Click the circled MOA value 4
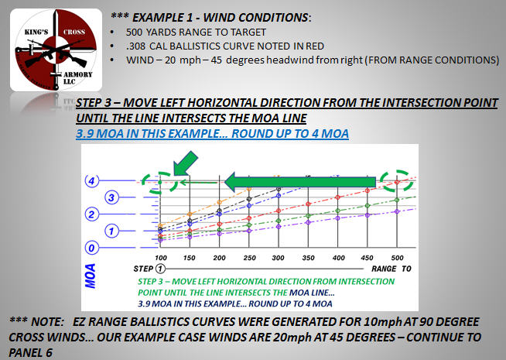(x=91, y=180)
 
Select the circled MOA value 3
(x=111, y=197)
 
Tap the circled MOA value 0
(x=91, y=248)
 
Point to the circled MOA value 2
(x=91, y=214)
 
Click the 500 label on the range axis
(x=397, y=258)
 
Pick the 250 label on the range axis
(x=249, y=258)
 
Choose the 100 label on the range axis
(x=161, y=258)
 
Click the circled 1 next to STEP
(x=160, y=269)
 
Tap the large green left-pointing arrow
(x=299, y=182)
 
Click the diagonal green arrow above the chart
(x=185, y=163)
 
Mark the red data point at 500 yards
(x=397, y=183)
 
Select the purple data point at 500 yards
(x=397, y=211)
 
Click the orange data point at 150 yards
(x=190, y=214)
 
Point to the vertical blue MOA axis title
(x=91, y=276)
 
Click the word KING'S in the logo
(x=36, y=32)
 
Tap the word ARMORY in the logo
(x=78, y=74)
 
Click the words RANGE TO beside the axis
(x=391, y=269)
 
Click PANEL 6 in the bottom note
(x=30, y=352)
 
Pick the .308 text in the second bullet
(x=135, y=46)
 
